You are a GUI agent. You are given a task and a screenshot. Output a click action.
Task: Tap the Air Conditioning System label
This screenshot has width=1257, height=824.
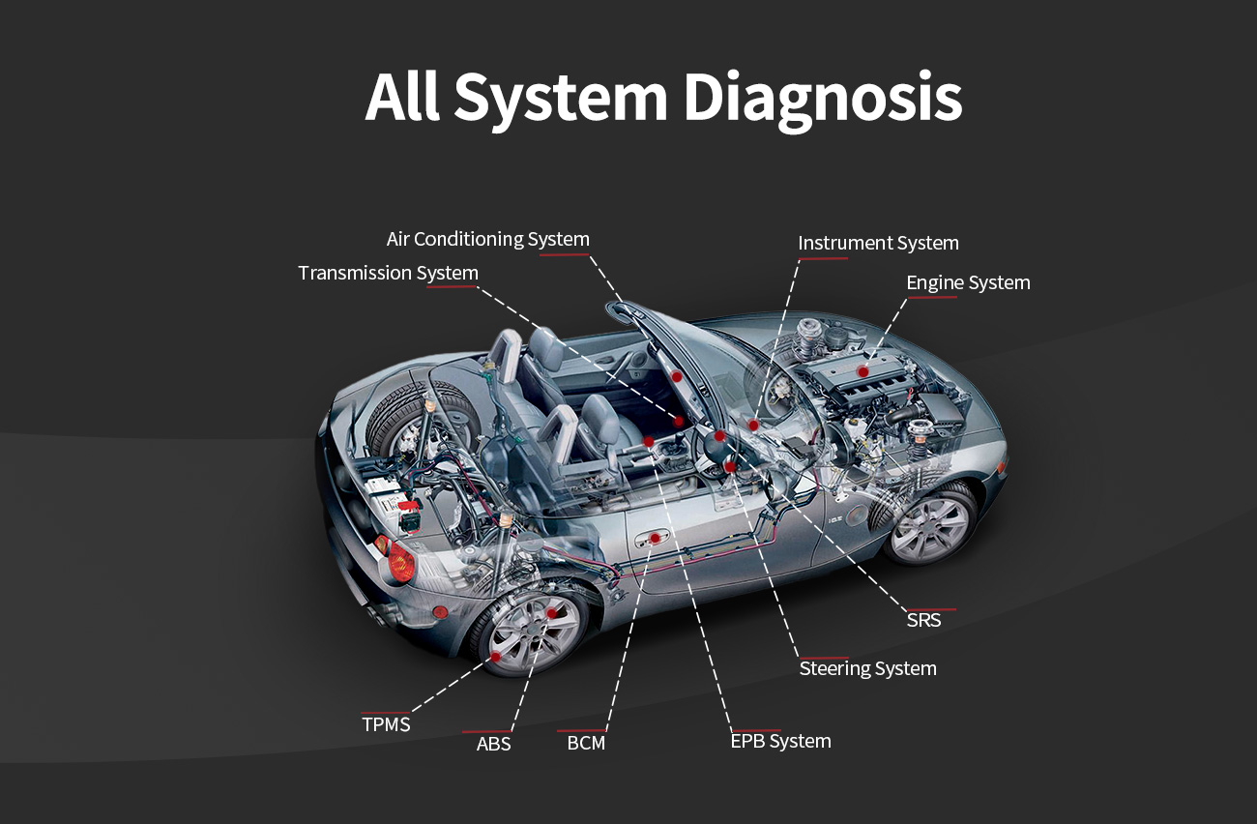pos(487,239)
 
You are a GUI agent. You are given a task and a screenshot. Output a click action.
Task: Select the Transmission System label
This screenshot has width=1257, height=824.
pos(388,273)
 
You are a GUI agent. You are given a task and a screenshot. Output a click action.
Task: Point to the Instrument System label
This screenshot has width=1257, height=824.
pos(878,243)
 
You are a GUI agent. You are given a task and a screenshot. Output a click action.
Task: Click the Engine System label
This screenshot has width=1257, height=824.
pos(968,282)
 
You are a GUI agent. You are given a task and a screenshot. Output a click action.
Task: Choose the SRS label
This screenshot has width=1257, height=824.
pos(923,620)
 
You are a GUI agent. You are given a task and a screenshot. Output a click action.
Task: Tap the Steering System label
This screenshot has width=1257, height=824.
pos(867,668)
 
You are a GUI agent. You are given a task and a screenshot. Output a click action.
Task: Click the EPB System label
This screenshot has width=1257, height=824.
pos(780,741)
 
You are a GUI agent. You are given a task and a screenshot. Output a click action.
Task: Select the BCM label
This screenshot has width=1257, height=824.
pos(586,744)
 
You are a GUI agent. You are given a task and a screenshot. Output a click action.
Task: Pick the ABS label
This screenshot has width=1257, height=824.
pos(493,744)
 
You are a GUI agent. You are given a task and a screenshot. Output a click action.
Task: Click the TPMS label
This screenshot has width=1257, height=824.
pos(386,724)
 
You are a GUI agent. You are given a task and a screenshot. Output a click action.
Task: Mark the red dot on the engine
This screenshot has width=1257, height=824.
pos(862,371)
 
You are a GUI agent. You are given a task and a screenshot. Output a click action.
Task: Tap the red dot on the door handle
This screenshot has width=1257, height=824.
pos(655,538)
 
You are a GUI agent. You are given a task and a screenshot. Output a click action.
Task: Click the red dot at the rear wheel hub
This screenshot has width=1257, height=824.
pos(552,613)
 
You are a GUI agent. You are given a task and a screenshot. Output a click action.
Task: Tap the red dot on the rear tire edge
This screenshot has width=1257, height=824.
pos(496,657)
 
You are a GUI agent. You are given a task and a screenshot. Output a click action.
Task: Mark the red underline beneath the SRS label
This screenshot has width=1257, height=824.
pos(931,609)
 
